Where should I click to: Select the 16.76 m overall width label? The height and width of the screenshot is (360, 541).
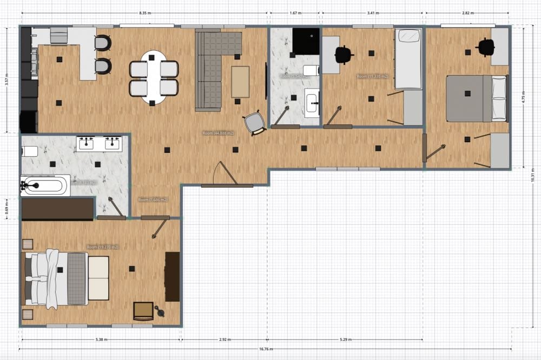coord(265,349)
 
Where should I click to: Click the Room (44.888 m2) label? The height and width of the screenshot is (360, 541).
coord(218,133)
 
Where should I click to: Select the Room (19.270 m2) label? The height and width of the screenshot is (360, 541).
coord(102,247)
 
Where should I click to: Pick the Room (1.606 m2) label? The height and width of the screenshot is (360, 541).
coord(153,200)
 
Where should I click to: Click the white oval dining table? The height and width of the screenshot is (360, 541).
coord(154,77)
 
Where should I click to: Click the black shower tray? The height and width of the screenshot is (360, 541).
coord(306,41)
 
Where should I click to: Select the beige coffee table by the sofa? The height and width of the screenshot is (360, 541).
coord(240,82)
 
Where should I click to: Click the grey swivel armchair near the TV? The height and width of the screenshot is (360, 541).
coord(255,123)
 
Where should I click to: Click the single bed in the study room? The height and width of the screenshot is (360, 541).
coord(408,59)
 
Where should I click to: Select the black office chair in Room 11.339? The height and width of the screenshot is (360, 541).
coord(343,55)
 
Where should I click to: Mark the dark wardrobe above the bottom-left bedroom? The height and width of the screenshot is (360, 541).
coord(57,209)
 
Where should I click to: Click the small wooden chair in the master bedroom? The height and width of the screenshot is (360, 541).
coord(143,311)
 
